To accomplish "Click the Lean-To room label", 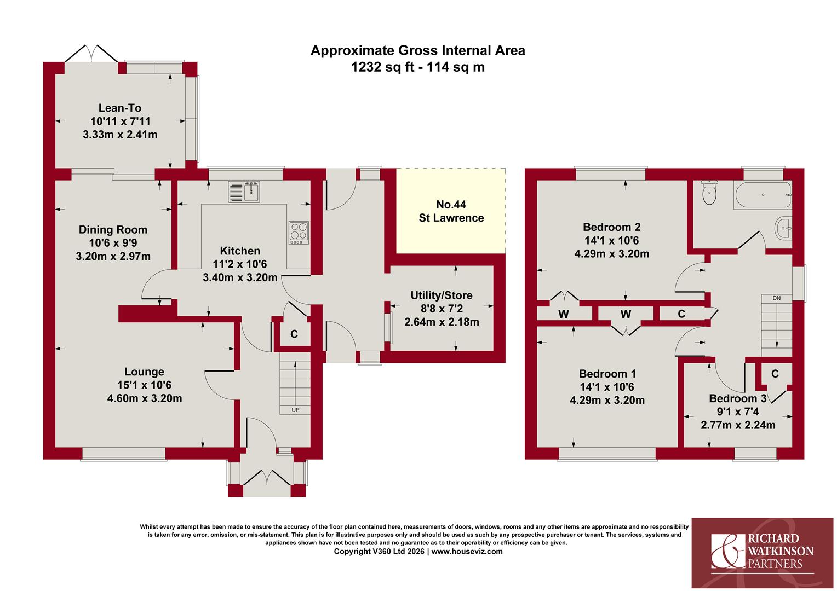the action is tap(120, 108).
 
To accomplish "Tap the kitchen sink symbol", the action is tap(244, 192).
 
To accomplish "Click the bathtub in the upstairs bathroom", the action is tap(763, 195).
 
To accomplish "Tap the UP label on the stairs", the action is tap(295, 410).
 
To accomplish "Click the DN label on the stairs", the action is tap(776, 298).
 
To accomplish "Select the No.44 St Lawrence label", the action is tap(451, 211).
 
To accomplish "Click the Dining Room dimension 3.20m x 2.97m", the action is tap(113, 257).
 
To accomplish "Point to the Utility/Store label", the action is tap(442, 296).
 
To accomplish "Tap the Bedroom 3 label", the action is tap(738, 398).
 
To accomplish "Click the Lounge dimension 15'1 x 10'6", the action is tap(144, 385).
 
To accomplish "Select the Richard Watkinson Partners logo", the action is tap(763, 553).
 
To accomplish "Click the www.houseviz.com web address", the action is tap(467, 552).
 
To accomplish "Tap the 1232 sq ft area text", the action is tap(383, 67).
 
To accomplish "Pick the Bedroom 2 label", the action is tap(612, 227).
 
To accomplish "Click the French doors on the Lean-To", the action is tap(91, 54).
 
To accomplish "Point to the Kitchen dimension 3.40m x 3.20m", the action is tap(240, 278).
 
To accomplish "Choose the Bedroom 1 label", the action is tap(607, 374).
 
